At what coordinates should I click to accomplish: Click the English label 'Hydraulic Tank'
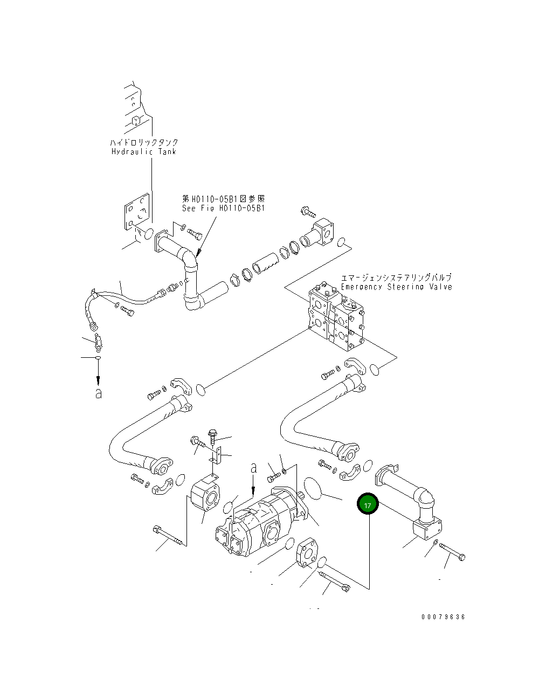[143, 151]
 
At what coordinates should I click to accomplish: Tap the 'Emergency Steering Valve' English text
[396, 287]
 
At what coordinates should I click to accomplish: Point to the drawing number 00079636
[443, 617]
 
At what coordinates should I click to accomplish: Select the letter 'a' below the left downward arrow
[98, 393]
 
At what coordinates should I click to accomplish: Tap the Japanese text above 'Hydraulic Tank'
[143, 142]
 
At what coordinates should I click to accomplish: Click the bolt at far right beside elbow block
[453, 552]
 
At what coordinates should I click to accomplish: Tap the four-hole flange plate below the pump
[308, 553]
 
